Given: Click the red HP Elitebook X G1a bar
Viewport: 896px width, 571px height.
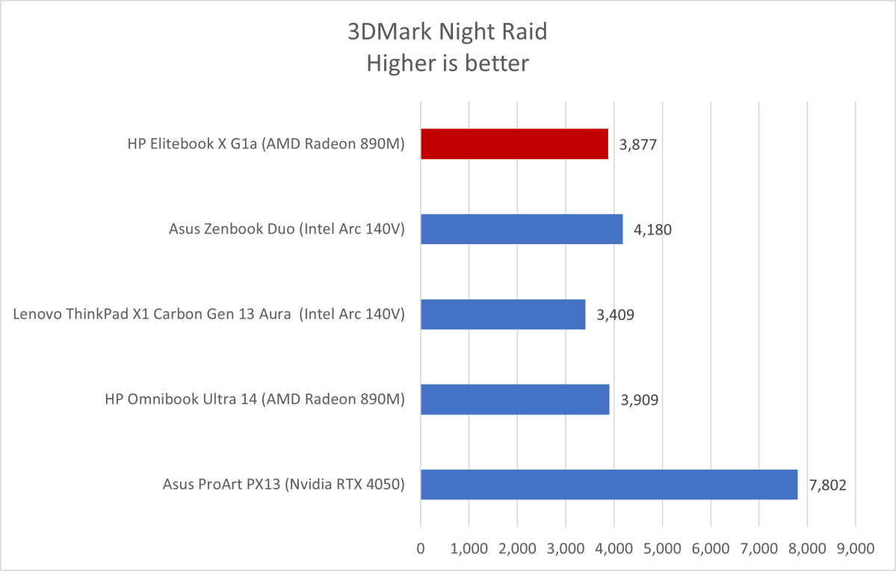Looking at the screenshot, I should (x=514, y=144).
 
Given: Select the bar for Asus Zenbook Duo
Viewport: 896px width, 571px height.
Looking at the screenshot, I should (x=522, y=229).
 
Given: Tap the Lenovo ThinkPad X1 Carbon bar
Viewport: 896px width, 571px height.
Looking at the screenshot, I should (x=503, y=314).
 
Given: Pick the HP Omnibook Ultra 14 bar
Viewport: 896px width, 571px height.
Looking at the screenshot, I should (x=515, y=399).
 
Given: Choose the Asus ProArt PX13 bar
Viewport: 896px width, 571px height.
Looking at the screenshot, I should (x=609, y=484).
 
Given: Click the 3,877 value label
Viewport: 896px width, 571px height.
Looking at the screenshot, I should (x=638, y=144).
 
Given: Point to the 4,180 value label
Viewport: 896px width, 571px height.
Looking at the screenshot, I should (x=652, y=229).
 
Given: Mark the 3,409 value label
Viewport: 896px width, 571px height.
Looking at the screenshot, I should (x=615, y=314).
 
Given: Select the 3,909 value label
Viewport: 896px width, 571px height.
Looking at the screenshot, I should (x=640, y=399).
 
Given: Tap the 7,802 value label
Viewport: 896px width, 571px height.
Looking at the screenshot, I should (x=827, y=484).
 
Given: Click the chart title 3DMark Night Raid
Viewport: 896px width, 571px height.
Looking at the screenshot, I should (x=448, y=31).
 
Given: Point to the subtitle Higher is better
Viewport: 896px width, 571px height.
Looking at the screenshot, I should (x=448, y=63).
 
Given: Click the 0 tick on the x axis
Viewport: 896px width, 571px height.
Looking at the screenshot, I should (x=421, y=549).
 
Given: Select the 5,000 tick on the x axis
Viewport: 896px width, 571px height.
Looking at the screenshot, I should (x=662, y=549).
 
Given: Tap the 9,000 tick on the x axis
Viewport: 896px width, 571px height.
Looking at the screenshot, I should (x=855, y=549).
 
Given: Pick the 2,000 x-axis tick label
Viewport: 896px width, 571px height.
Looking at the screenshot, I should (x=517, y=549).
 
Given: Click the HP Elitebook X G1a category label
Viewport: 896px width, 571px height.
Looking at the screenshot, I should (x=266, y=145).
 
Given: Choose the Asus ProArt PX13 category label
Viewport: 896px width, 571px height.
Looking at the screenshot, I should (x=283, y=484).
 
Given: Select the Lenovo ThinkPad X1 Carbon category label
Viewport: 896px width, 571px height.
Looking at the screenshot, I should (x=208, y=315).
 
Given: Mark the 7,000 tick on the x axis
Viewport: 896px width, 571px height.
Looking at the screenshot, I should (x=758, y=549).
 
